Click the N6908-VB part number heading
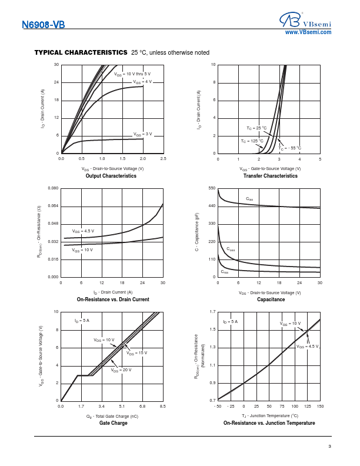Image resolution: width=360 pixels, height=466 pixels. coord(44,24)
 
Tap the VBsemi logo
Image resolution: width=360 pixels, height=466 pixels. coord(305,20)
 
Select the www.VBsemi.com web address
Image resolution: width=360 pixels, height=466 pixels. coord(308,32)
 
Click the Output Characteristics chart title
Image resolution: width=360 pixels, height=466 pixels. coord(111,176)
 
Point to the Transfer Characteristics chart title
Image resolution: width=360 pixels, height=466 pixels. coord(271,176)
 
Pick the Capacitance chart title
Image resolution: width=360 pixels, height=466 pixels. coord(271,299)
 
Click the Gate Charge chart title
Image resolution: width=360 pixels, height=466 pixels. coord(113,423)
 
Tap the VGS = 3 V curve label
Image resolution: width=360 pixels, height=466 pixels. coord(142,134)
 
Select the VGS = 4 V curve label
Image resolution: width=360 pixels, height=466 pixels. coord(142,82)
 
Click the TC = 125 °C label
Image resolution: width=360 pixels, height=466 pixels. coord(252,141)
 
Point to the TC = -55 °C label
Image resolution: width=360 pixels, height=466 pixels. coord(289,148)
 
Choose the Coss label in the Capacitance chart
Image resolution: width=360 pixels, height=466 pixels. coord(231,249)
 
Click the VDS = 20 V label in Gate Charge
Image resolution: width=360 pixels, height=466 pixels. coord(121,370)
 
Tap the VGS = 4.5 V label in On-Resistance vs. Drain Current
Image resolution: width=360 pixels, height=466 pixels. coord(83,231)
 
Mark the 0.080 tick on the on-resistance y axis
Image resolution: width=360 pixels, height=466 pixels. coord(53,188)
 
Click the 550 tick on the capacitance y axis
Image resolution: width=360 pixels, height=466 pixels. coord(212,188)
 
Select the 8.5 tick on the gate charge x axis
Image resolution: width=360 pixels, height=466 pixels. coord(162,406)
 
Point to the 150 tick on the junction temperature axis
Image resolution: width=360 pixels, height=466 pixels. coord(320,406)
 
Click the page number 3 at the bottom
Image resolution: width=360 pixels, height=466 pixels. coord(329,446)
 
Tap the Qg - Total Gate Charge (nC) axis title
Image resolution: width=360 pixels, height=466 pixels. coord(112,417)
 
